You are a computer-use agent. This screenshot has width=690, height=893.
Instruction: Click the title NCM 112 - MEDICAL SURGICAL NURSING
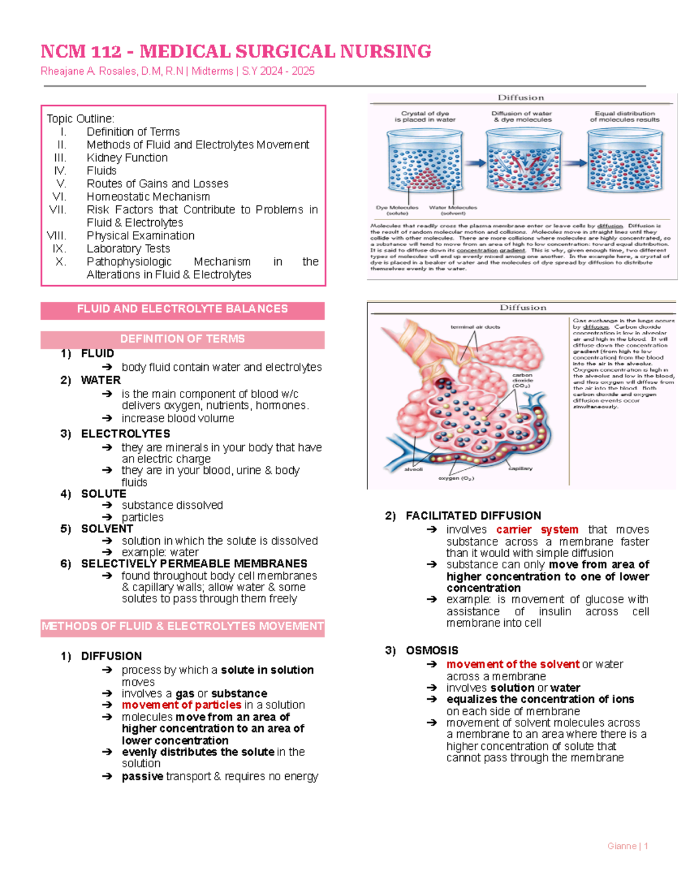click(236, 52)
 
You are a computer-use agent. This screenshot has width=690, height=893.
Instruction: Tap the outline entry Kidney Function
click(127, 158)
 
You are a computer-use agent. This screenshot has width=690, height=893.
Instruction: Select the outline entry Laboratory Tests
click(128, 248)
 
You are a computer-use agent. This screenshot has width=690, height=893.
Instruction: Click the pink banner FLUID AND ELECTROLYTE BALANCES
click(182, 309)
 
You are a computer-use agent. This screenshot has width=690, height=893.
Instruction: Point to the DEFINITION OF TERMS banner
click(182, 339)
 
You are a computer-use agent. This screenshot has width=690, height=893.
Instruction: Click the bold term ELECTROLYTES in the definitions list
click(125, 434)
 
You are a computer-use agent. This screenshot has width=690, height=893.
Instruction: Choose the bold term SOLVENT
click(107, 528)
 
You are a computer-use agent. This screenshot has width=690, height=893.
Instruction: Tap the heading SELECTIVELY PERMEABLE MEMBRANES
click(194, 564)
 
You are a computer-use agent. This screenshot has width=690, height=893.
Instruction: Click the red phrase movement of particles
click(181, 705)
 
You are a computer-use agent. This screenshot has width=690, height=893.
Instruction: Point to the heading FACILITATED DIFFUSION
click(473, 516)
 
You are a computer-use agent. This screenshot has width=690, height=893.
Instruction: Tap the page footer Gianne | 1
click(627, 846)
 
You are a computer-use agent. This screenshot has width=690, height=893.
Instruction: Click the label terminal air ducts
click(475, 327)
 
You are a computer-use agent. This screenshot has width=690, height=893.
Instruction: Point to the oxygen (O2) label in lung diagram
click(456, 478)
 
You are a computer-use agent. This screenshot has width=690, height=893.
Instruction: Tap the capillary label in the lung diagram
click(520, 469)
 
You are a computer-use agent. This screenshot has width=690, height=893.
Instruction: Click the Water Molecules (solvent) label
click(453, 210)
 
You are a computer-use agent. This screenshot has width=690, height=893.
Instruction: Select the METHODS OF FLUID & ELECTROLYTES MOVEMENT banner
click(182, 626)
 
